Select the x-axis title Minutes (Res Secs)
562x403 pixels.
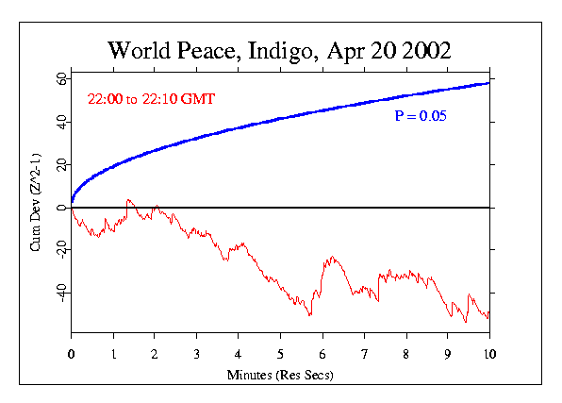tap(280, 375)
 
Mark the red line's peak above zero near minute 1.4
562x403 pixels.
tap(128, 200)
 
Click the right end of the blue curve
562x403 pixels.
tap(488, 83)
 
